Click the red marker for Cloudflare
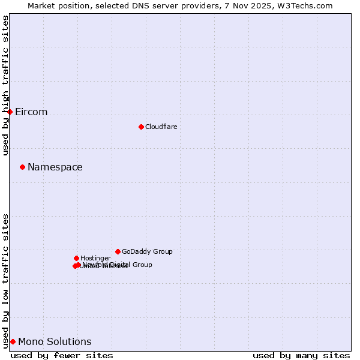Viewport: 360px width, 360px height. pos(141,127)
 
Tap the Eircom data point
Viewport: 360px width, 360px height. pos(10,112)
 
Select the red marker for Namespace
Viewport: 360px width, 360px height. pos(23,167)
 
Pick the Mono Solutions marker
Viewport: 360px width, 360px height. pos(13,341)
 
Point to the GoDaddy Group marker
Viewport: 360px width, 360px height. pos(118,251)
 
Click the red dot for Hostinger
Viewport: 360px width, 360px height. pos(76,258)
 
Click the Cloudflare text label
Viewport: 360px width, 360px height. pos(161,127)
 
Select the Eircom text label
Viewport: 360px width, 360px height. pos(31,112)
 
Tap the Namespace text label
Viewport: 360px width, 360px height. pos(55,167)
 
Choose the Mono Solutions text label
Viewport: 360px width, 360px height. pos(55,342)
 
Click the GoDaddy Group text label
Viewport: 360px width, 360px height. pos(147,252)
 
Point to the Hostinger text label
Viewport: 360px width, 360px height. pos(95,259)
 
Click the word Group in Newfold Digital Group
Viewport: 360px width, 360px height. pos(142,265)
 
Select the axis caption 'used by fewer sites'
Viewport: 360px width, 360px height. pos(62,355)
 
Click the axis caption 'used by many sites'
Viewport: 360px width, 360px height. pos(301,355)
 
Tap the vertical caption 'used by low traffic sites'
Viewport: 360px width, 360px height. pos(6,281)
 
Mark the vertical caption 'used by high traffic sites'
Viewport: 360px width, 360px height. pos(6,85)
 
